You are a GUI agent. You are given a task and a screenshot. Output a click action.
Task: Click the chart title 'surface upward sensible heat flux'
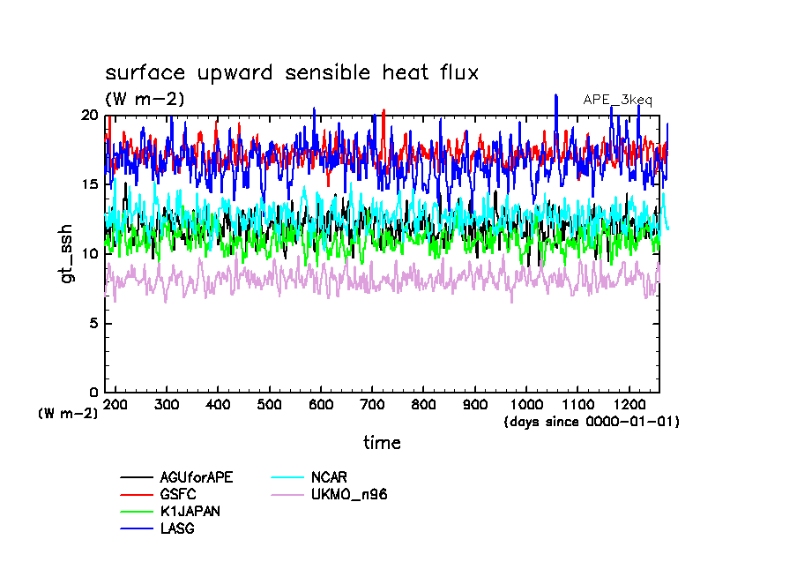[x=292, y=73]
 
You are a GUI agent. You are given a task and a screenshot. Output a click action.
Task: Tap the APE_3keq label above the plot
[x=617, y=100]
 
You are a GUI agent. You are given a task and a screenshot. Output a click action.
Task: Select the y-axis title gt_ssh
[x=65, y=253]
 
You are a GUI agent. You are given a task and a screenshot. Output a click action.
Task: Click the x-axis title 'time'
[x=382, y=443]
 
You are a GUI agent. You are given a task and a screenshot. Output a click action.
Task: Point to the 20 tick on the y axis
[x=88, y=115]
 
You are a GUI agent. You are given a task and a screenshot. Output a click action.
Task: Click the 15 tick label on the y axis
[x=88, y=184]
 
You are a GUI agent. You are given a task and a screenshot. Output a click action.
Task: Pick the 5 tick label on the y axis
[x=93, y=323]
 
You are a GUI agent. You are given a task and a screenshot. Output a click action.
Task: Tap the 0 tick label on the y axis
[x=93, y=393]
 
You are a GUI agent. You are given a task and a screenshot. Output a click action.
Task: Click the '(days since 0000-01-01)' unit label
[x=592, y=422]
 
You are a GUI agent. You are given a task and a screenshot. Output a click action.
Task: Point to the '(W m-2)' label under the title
[x=145, y=100]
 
